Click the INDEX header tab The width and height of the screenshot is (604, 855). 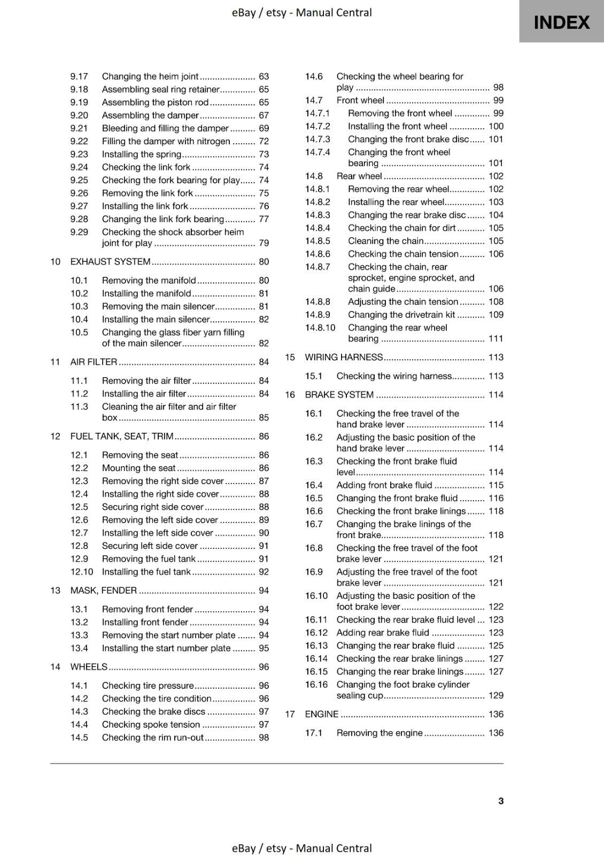(x=561, y=22)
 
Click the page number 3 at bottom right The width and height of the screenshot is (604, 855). (x=500, y=800)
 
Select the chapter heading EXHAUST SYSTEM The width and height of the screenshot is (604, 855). (x=110, y=262)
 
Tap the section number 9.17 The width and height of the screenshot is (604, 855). (x=79, y=76)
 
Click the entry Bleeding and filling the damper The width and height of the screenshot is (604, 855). (x=165, y=128)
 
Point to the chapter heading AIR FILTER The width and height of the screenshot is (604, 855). (x=94, y=362)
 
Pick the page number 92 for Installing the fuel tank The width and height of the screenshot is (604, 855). (x=264, y=572)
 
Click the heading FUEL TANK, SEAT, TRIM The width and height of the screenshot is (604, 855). (x=122, y=436)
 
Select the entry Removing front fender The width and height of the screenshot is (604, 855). (x=148, y=609)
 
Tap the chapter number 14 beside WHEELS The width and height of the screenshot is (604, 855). (x=55, y=667)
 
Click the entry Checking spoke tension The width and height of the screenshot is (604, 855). (x=151, y=725)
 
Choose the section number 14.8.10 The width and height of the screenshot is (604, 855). (x=320, y=328)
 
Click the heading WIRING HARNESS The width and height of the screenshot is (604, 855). (x=344, y=357)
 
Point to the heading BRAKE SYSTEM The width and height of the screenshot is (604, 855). (x=339, y=395)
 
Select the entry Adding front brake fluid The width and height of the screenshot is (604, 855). (x=384, y=485)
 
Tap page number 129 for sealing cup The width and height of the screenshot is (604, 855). (x=495, y=695)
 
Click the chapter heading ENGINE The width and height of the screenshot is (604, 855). (x=321, y=714)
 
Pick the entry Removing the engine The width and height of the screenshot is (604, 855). (x=380, y=733)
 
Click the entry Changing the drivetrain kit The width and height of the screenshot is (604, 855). (x=401, y=315)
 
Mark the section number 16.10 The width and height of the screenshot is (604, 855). (x=316, y=596)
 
